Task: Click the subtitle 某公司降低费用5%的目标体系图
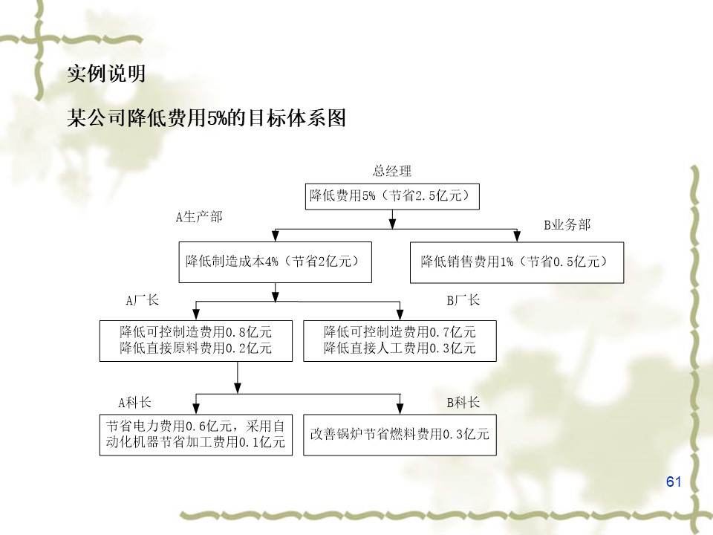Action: coord(206,118)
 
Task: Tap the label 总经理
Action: coord(391,172)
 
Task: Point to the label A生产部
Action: coord(198,217)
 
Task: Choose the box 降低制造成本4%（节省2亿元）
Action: coord(275,262)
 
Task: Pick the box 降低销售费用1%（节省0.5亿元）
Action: coord(517,262)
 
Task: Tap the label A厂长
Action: coord(142,301)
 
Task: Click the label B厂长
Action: coord(463,301)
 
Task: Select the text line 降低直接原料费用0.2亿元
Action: coord(196,348)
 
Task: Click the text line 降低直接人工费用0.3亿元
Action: coord(400,348)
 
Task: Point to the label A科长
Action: coord(134,403)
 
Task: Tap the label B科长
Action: coord(463,403)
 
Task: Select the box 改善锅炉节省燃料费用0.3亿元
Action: coord(400,435)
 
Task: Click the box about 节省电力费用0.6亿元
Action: coord(196,435)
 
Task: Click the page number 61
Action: coord(674,481)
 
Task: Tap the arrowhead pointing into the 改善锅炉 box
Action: coord(400,408)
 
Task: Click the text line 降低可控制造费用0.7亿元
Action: coord(400,331)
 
